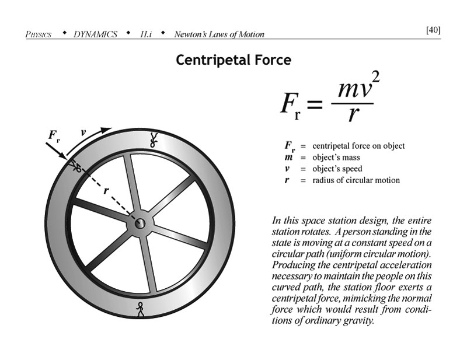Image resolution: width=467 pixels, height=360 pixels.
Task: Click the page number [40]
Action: click(433, 30)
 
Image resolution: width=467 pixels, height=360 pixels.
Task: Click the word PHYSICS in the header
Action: click(39, 34)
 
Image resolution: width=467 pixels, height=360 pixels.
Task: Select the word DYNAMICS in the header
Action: click(95, 34)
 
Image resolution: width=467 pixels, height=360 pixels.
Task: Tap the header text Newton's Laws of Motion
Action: click(219, 34)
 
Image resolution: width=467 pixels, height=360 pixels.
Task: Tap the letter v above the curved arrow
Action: click(83, 133)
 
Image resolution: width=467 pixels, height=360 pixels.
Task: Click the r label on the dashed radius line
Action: click(106, 191)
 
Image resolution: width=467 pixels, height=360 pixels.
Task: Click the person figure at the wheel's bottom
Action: click(140, 309)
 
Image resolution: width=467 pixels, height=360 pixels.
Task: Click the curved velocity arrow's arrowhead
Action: click(106, 130)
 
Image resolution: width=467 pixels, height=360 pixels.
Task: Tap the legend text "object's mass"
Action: click(336, 158)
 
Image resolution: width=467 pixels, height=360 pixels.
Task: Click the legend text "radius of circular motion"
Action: click(356, 180)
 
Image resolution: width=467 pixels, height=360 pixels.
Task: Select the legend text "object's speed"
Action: click(337, 169)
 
